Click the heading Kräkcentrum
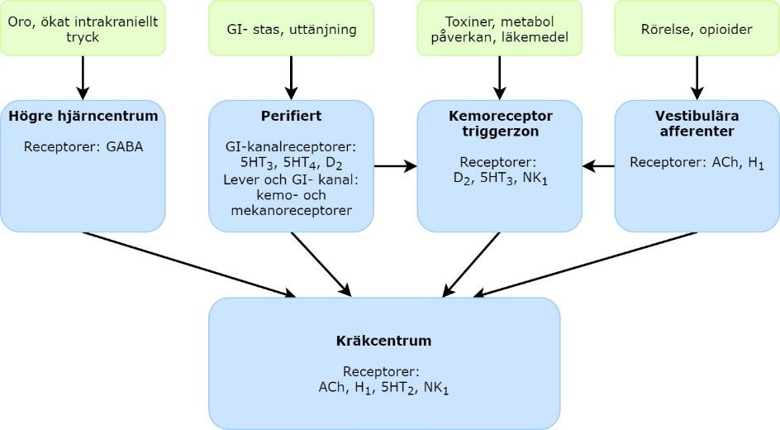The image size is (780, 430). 383,341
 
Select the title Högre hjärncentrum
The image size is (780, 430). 83,116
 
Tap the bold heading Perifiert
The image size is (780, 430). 291,116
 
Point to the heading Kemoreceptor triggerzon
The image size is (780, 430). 499,123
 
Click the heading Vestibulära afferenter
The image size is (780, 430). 697,123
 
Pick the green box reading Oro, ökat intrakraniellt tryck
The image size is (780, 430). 83,28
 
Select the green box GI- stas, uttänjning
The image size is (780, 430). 291,28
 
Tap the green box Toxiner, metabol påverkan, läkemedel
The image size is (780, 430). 499,28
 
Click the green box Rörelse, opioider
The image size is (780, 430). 697,28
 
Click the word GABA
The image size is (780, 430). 125,148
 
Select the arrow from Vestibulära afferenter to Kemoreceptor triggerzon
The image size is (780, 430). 598,166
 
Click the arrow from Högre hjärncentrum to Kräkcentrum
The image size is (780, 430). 189,263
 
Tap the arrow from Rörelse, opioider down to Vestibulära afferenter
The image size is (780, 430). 697,78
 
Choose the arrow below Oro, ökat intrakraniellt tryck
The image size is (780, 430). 83,78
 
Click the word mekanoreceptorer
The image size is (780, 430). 291,211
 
